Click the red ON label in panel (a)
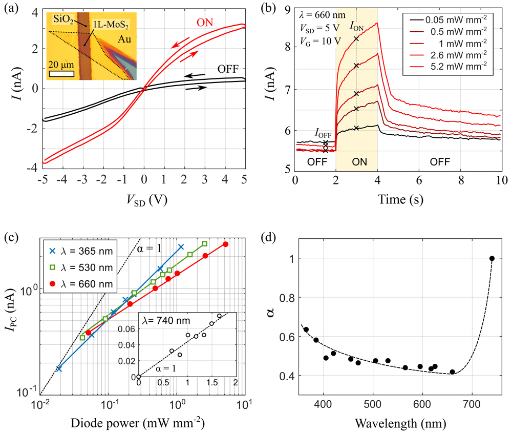(x=205, y=23)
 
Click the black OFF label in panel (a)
(x=228, y=69)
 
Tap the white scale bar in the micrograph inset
(x=61, y=73)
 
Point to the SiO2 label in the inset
(x=63, y=19)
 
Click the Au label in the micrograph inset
(x=124, y=39)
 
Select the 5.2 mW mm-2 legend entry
(x=449, y=66)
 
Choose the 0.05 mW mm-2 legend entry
(x=449, y=20)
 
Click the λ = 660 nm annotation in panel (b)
(x=322, y=15)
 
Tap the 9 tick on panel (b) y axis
(x=287, y=10)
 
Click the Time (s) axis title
(x=400, y=199)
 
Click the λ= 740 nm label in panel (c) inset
(x=166, y=321)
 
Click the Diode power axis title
(x=137, y=423)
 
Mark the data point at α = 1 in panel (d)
(x=492, y=258)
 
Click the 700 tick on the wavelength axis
(x=472, y=405)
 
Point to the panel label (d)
(x=268, y=237)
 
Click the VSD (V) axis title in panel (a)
(x=147, y=200)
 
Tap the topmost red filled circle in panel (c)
(x=225, y=244)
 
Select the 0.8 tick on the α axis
(x=287, y=298)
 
